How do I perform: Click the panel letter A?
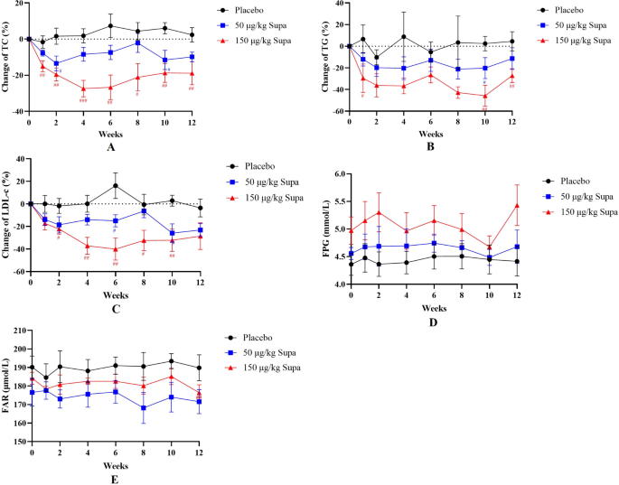click(110, 146)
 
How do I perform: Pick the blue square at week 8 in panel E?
click(142, 408)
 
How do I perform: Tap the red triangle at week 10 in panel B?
click(484, 96)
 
